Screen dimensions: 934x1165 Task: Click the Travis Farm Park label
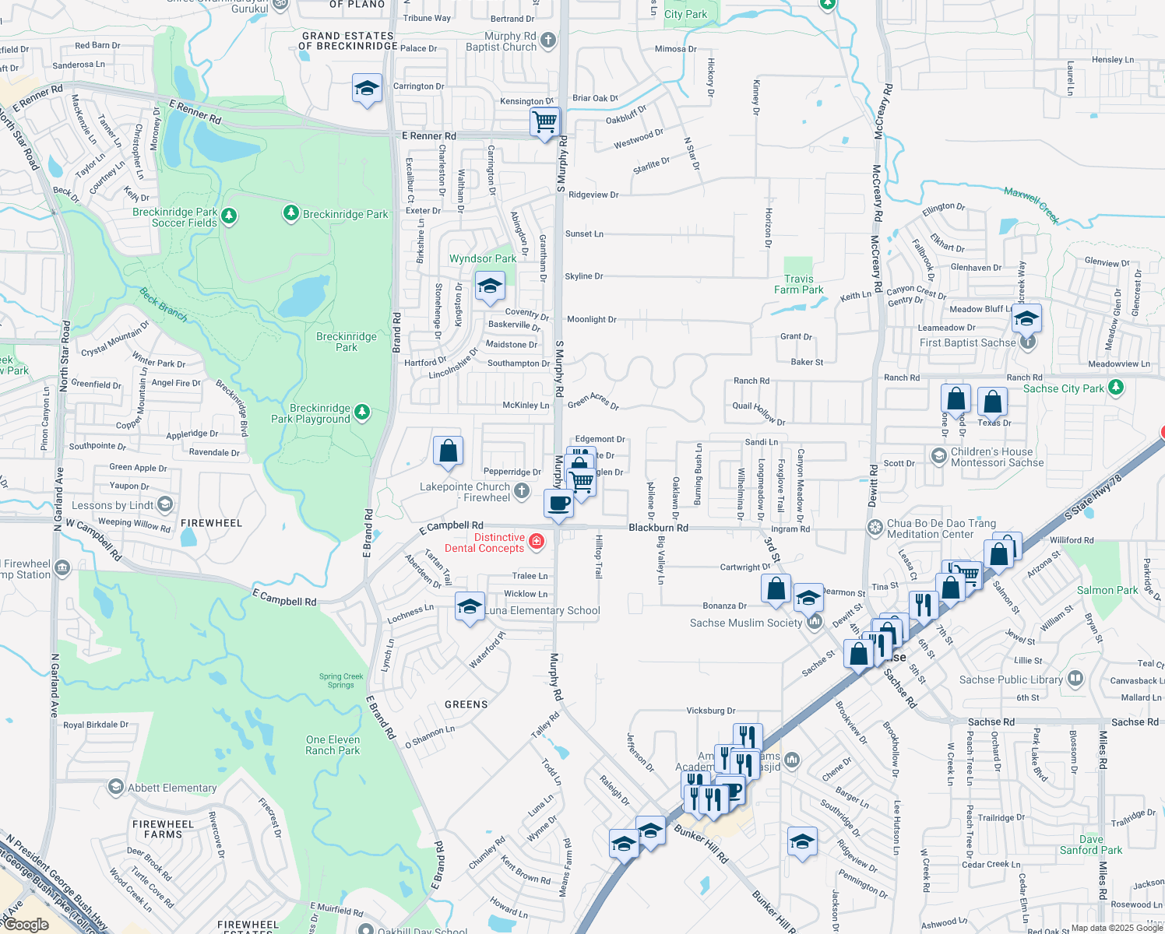click(798, 285)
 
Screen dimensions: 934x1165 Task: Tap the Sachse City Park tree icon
click(1116, 387)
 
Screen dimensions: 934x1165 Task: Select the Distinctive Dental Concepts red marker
click(537, 542)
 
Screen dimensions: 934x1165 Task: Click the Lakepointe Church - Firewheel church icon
click(522, 491)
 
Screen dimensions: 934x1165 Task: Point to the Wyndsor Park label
click(483, 258)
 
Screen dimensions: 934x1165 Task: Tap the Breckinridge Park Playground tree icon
click(362, 413)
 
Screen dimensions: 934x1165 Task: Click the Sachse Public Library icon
click(1075, 679)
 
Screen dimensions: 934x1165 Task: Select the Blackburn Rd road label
click(658, 528)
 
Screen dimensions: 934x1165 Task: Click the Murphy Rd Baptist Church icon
click(548, 40)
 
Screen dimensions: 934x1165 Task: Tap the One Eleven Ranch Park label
click(333, 745)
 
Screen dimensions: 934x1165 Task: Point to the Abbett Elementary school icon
click(116, 787)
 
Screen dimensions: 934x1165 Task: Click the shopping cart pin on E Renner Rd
click(544, 121)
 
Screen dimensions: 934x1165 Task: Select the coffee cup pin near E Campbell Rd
click(558, 503)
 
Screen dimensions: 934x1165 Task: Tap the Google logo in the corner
click(26, 925)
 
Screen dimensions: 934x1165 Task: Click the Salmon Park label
click(1107, 590)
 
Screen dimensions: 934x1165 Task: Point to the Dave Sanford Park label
click(1091, 844)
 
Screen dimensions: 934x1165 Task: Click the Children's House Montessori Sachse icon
click(939, 455)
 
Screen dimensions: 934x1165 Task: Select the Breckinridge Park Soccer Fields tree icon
click(229, 216)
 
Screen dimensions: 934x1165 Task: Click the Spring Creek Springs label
click(341, 681)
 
